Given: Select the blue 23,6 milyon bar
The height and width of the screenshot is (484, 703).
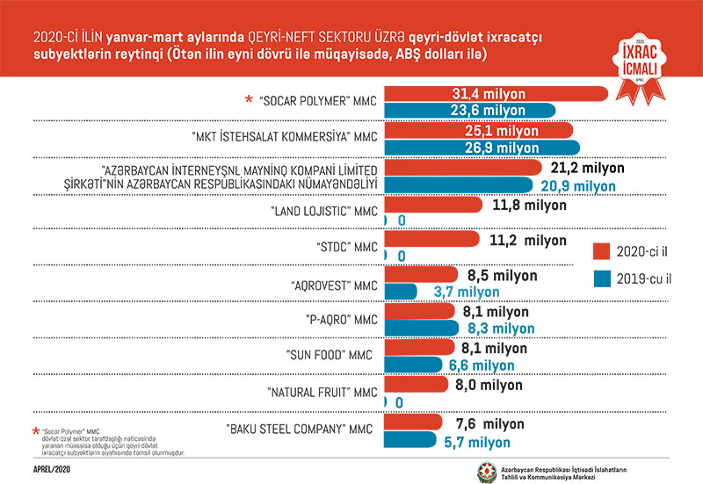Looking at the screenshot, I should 471,111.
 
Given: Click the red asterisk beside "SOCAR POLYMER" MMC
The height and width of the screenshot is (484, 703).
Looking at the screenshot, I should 249,101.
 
